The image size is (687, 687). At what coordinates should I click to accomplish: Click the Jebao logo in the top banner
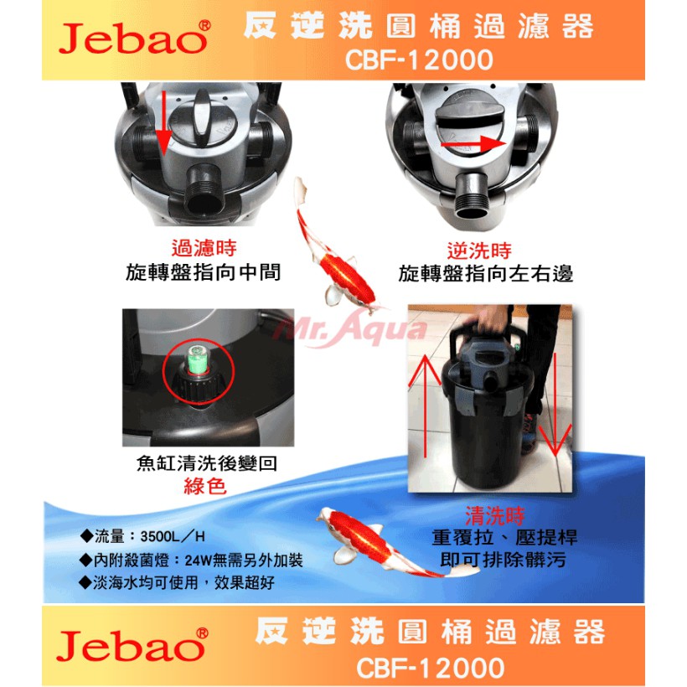[x=134, y=38]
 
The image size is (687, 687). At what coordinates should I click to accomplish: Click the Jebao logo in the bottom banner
[x=132, y=644]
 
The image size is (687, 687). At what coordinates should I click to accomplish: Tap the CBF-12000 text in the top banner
[x=419, y=60]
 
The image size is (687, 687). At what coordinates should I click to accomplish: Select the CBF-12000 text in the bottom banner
[x=431, y=668]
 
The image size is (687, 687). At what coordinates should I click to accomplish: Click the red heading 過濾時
[x=204, y=248]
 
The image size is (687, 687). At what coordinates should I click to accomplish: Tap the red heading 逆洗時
[x=479, y=251]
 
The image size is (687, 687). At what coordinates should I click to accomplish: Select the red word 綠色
[x=205, y=486]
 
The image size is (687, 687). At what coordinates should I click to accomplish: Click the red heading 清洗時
[x=494, y=516]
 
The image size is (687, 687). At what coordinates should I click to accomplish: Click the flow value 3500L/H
[x=173, y=536]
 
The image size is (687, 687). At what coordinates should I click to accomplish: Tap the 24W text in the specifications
[x=199, y=560]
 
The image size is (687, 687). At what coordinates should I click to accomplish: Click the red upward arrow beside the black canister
[x=425, y=406]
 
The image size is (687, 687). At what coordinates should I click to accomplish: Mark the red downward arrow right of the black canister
[x=555, y=404]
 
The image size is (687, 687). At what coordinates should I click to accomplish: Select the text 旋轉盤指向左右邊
[x=485, y=274]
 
